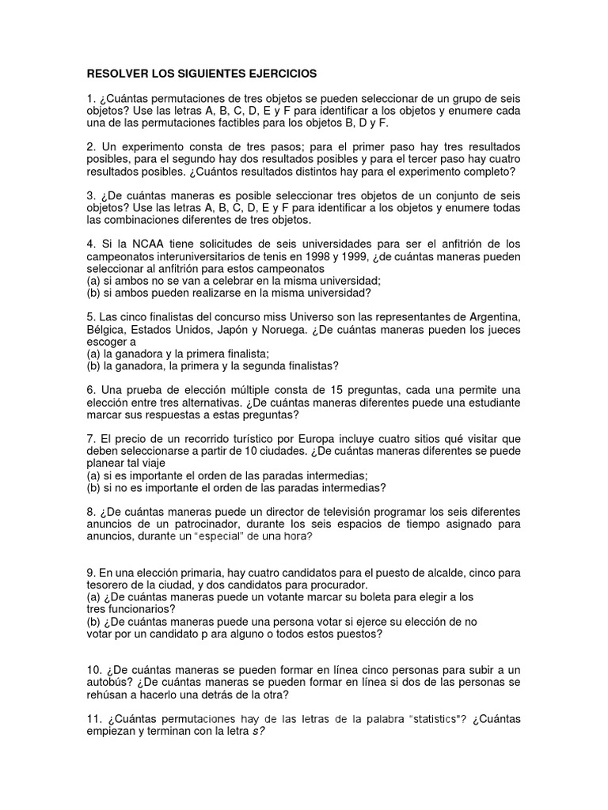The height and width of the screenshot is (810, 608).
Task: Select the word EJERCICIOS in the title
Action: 283,74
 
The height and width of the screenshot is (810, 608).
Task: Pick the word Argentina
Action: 490,316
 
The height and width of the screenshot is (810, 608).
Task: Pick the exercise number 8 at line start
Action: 91,511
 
